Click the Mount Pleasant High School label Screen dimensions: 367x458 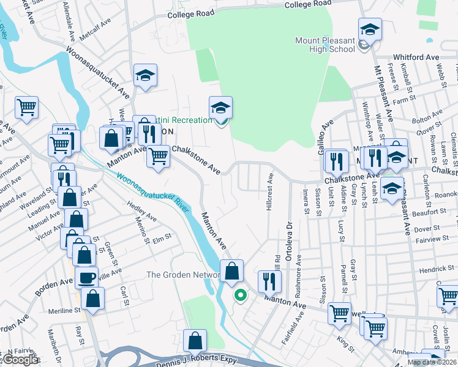coord(325,45)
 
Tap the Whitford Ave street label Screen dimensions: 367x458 coord(416,57)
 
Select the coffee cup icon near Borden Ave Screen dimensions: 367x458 coord(86,278)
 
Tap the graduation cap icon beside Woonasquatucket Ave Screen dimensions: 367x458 coord(145,75)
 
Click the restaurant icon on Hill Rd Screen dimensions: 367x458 coord(269,281)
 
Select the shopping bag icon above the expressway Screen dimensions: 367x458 coord(195,340)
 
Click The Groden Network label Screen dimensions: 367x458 coord(182,275)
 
